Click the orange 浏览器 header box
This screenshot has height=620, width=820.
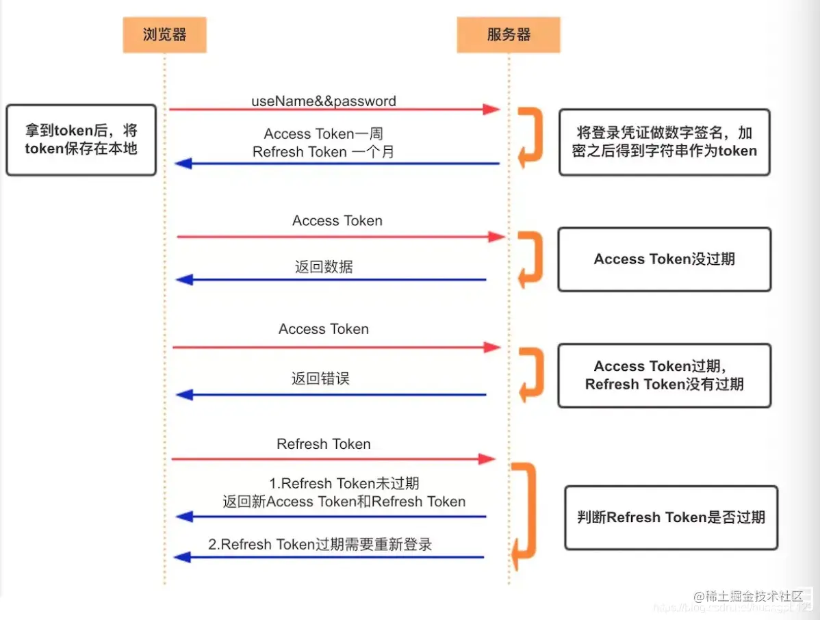pos(164,35)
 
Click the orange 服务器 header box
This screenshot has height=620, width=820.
pos(509,35)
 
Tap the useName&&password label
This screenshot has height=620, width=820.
pos(323,101)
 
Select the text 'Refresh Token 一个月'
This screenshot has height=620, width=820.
pos(323,152)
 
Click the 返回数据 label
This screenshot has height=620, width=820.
pos(324,267)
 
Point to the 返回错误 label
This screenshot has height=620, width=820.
pos(320,378)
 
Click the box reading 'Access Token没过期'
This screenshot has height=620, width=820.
pos(664,259)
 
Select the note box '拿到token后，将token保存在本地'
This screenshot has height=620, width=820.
pos(81,140)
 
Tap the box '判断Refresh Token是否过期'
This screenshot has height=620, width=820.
pos(671,517)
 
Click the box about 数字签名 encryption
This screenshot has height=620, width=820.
pos(664,142)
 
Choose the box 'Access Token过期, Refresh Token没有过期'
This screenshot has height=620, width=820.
pos(664,376)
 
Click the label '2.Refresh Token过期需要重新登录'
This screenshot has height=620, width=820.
pos(320,545)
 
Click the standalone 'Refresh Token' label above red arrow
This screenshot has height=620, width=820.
pos(323,444)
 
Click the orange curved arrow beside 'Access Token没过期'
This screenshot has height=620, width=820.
pos(531,259)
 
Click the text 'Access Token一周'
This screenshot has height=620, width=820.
pos(323,134)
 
